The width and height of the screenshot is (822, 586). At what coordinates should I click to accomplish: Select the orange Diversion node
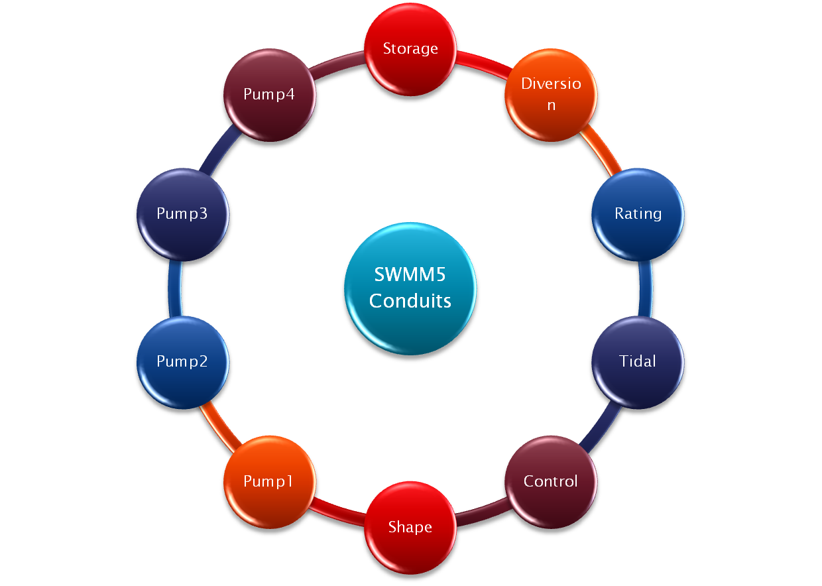[551, 94]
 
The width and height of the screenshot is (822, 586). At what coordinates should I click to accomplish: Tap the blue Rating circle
[638, 213]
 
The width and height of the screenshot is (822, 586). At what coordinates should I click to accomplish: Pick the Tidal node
[638, 361]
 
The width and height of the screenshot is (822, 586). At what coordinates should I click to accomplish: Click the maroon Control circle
[551, 481]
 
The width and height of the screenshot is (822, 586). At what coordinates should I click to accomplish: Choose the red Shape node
[410, 527]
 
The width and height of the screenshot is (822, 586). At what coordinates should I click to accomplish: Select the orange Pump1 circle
[268, 481]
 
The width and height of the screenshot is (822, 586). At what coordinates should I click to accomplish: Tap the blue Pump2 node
[182, 361]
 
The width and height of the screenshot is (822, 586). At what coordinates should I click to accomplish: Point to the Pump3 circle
[182, 213]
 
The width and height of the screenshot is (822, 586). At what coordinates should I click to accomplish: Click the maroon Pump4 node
[268, 94]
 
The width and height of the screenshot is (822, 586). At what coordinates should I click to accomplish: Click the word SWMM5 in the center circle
[410, 274]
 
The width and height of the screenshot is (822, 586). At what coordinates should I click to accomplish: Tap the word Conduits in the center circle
[410, 301]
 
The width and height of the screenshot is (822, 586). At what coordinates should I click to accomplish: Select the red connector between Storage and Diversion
[483, 60]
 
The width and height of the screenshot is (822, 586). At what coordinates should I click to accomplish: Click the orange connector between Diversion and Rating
[603, 154]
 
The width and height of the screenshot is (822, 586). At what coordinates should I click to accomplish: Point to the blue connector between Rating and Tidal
[648, 288]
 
